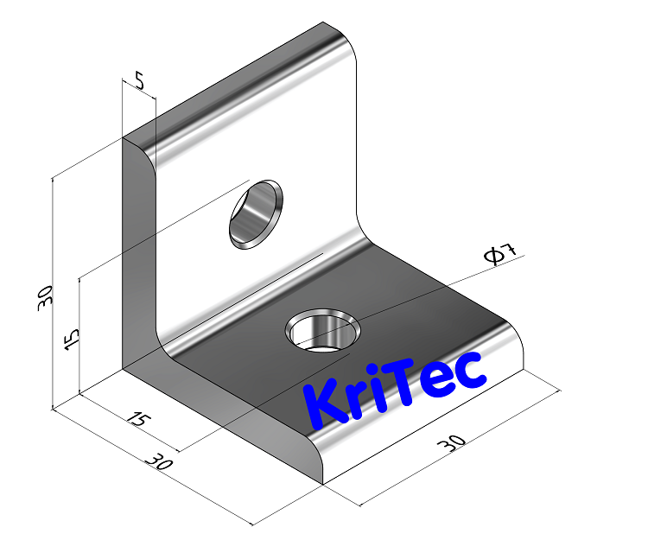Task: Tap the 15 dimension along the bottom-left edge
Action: tap(135, 420)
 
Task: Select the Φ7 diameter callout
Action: tap(500, 253)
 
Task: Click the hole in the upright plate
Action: tap(255, 213)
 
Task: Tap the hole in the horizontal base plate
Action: tap(324, 332)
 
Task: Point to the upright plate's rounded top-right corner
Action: tap(346, 43)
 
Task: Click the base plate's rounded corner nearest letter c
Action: tap(516, 346)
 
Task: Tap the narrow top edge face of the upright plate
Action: tap(233, 82)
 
